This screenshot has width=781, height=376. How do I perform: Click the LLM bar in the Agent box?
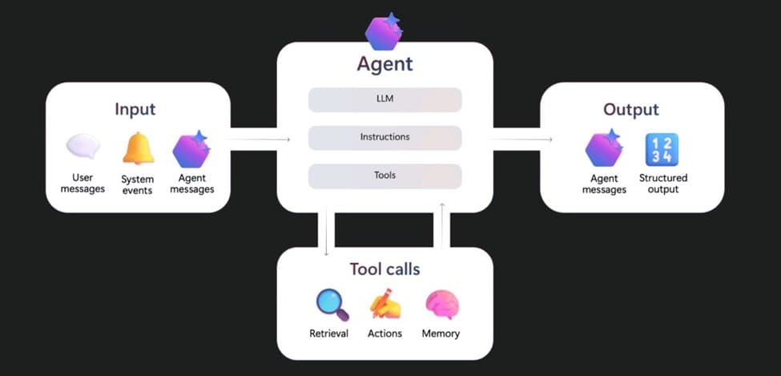coord(384,99)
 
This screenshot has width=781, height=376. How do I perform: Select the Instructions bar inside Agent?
coord(384,137)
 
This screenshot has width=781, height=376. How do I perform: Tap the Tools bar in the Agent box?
coord(384,175)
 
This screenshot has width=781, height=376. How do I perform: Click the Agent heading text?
coord(384,64)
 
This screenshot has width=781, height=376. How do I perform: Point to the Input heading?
coord(135,109)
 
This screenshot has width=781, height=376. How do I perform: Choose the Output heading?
coord(631,109)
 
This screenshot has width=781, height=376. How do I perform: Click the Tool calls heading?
coord(384,269)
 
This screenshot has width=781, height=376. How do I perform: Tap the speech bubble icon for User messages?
coord(83,147)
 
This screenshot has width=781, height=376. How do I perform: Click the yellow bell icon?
coord(138,148)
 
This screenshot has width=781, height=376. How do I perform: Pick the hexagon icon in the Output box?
coord(604,149)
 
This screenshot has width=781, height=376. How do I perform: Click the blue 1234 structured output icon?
coord(662,149)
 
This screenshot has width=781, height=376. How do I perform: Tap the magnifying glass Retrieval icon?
coord(332,305)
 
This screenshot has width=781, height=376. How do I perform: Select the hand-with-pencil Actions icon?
coord(385,305)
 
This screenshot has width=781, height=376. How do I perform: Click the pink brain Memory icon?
coord(441,305)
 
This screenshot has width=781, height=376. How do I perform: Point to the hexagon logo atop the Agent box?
coord(383,31)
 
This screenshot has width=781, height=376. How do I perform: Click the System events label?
coord(137,185)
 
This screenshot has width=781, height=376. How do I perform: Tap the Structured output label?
coord(663,184)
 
